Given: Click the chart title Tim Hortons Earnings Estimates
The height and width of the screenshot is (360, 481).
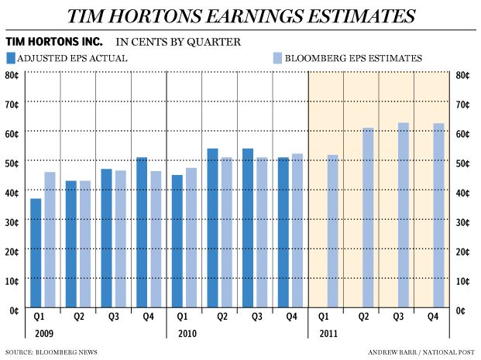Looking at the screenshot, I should pyautogui.click(x=240, y=15).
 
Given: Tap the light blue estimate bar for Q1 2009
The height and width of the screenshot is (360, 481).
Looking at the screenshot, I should pyautogui.click(x=50, y=241).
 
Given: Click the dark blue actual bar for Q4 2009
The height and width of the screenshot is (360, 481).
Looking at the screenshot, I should pyautogui.click(x=142, y=233).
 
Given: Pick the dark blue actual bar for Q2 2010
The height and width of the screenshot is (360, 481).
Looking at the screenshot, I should pyautogui.click(x=212, y=229).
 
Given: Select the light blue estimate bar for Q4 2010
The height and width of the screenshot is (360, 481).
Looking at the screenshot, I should pyautogui.click(x=297, y=231).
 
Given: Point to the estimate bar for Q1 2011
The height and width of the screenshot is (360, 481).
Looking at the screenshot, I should pyautogui.click(x=332, y=232).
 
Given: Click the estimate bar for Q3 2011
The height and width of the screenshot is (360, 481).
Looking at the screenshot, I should pyautogui.click(x=404, y=216).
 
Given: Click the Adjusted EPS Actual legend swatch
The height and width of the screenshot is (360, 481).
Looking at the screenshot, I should pyautogui.click(x=11, y=57).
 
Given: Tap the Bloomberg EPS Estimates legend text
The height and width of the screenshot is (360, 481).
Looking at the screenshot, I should pyautogui.click(x=352, y=57).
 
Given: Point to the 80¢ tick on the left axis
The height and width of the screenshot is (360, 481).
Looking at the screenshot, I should pyautogui.click(x=13, y=75).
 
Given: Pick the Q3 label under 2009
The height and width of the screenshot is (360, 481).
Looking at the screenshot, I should pyautogui.click(x=113, y=317).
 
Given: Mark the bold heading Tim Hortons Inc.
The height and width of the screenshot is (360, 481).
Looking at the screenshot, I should pyautogui.click(x=53, y=40).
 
